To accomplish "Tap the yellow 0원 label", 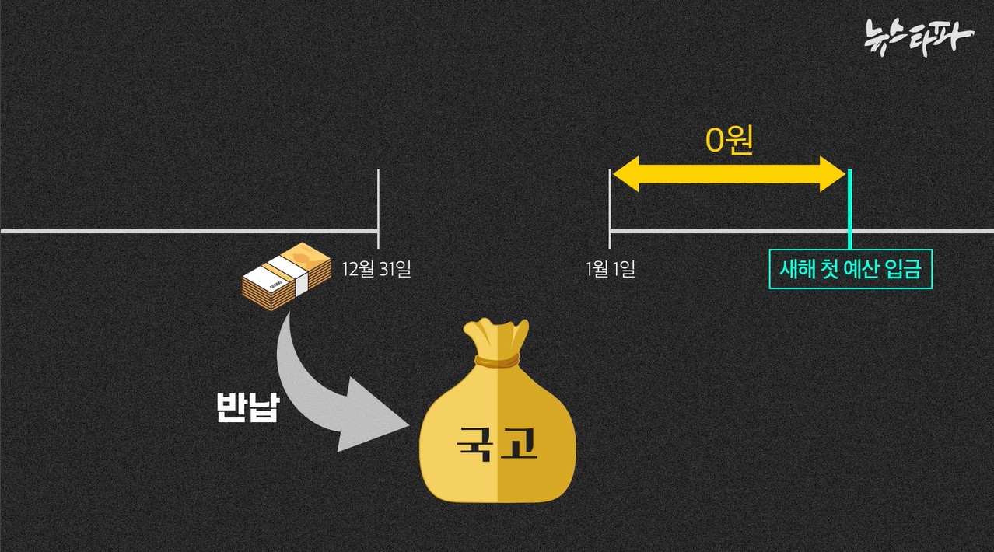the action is (x=729, y=141).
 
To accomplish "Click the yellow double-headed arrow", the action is (x=728, y=174).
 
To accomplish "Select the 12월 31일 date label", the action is (x=376, y=270).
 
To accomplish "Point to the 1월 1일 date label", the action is (x=611, y=270).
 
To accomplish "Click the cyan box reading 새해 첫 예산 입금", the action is (x=849, y=270).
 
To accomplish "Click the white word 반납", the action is (x=247, y=407).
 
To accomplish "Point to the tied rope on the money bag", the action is (x=497, y=361).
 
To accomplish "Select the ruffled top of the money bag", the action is (x=498, y=336).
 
